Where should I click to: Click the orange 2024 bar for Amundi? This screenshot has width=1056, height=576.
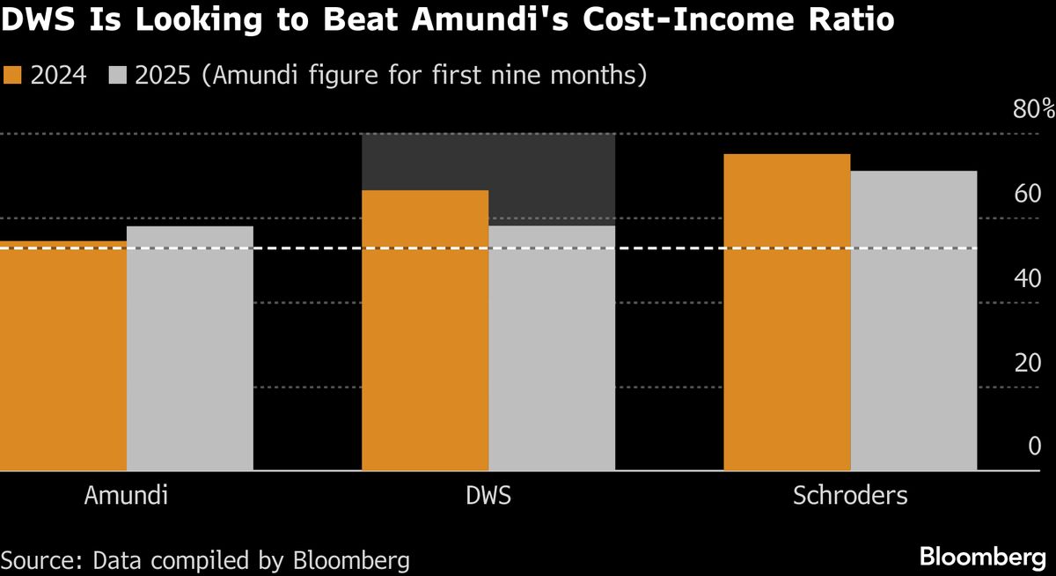point(62,356)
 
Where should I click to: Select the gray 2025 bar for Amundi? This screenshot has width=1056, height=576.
point(189,349)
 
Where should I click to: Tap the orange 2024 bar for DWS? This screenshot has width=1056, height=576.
point(425,330)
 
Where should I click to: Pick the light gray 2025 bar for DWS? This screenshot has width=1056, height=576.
point(552,349)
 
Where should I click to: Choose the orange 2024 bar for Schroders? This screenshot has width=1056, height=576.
point(787,313)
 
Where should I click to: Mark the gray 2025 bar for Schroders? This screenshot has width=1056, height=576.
point(913,321)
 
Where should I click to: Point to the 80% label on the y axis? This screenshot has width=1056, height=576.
point(1033,110)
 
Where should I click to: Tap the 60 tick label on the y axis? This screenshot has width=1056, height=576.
point(1028,194)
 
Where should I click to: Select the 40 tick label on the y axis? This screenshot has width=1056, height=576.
point(1028,278)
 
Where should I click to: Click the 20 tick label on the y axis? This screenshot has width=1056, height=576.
point(1028,363)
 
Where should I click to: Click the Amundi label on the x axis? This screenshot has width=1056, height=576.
point(126,496)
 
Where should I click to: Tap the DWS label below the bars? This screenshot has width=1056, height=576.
point(488,496)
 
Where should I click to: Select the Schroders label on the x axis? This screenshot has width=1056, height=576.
point(850,496)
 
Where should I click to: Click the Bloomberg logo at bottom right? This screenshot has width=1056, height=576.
point(981,557)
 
